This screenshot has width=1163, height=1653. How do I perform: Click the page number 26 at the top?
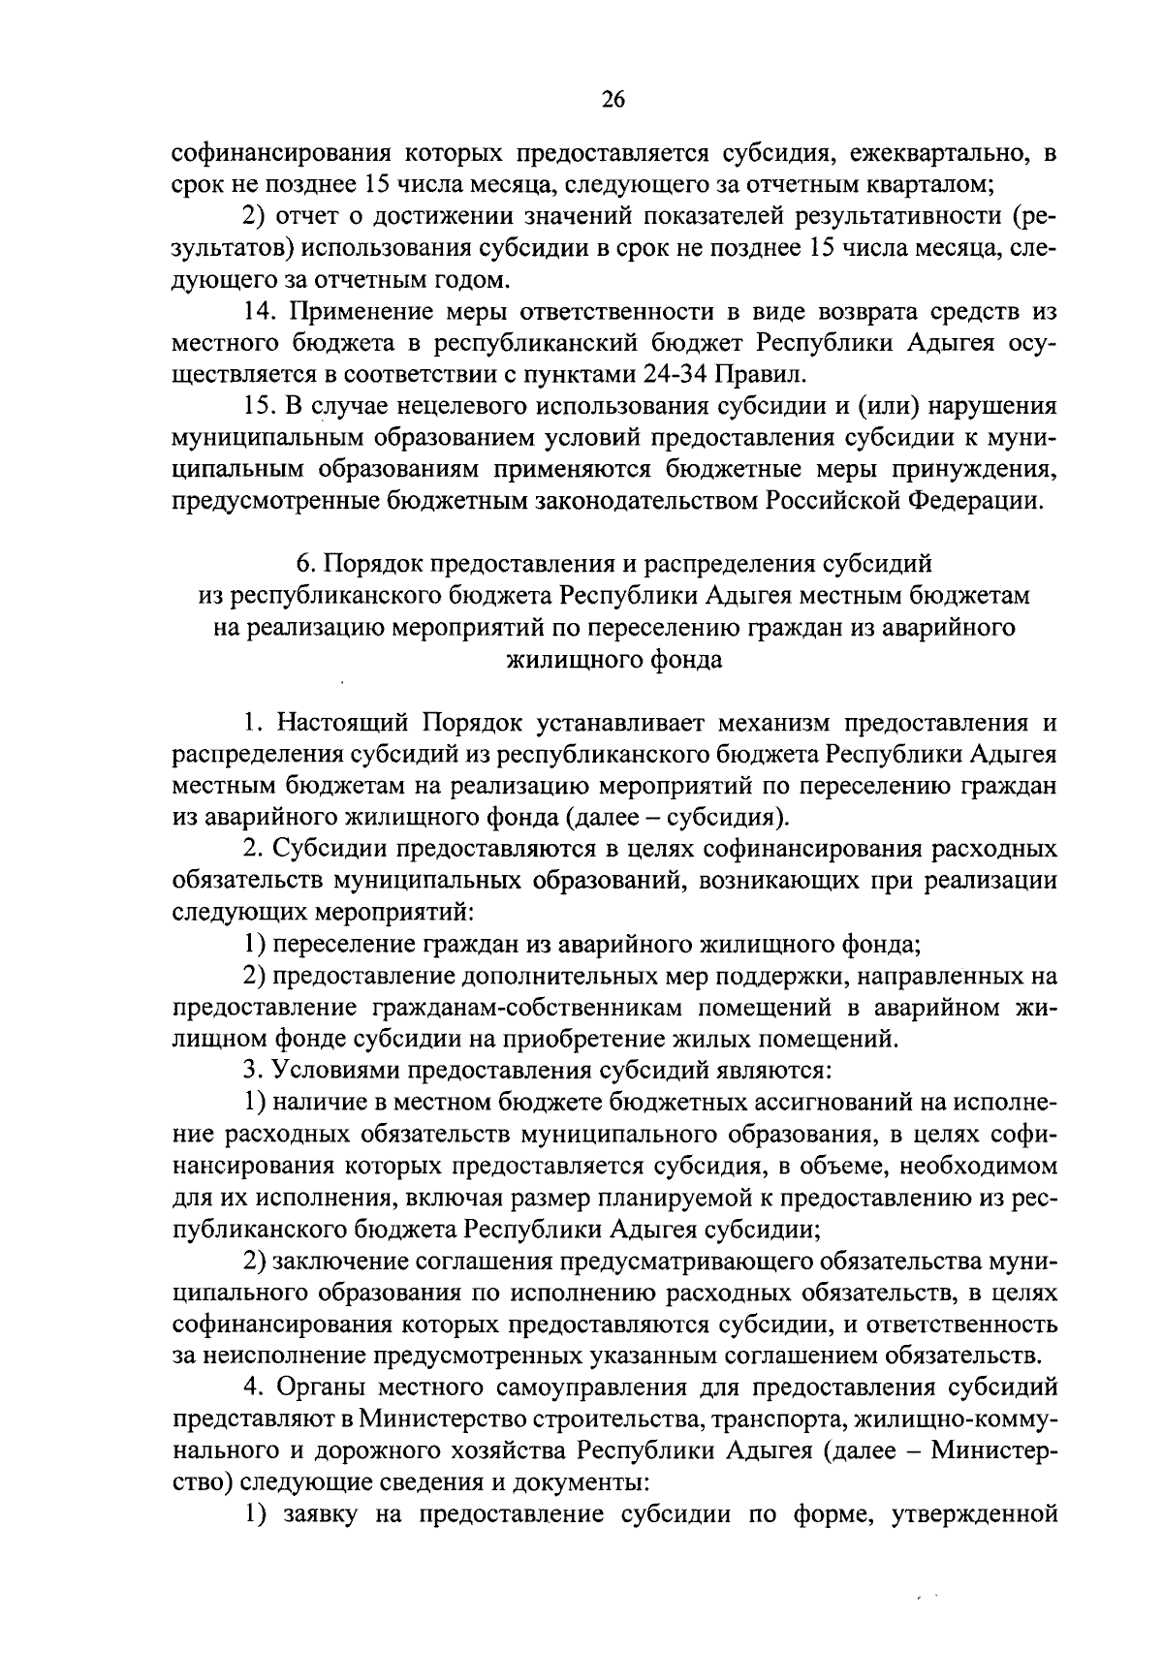click(x=613, y=100)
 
